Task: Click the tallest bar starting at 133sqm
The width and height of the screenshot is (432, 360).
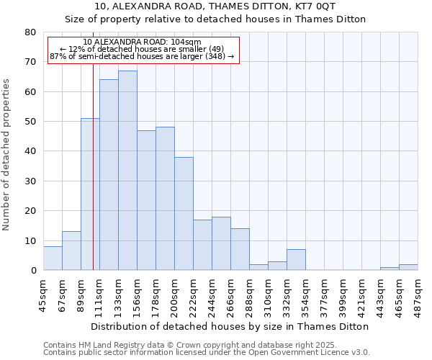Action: [x=127, y=171]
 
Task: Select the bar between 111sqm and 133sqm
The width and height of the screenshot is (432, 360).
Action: [x=109, y=175]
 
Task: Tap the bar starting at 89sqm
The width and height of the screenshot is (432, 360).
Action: [x=90, y=194]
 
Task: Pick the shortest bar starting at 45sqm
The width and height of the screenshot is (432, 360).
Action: [x=53, y=258]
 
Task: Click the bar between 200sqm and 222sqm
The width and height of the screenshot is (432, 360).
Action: [x=184, y=214]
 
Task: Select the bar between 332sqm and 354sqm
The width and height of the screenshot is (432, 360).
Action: [x=296, y=260]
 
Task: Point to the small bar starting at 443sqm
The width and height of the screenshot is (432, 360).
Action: [x=390, y=269]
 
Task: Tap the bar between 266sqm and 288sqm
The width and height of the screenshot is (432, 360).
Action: [x=240, y=249]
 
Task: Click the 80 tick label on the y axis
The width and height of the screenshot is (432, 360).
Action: [x=30, y=32]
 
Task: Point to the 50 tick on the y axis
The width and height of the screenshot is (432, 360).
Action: [x=30, y=122]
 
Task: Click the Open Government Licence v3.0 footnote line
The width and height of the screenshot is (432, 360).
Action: [x=207, y=352]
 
